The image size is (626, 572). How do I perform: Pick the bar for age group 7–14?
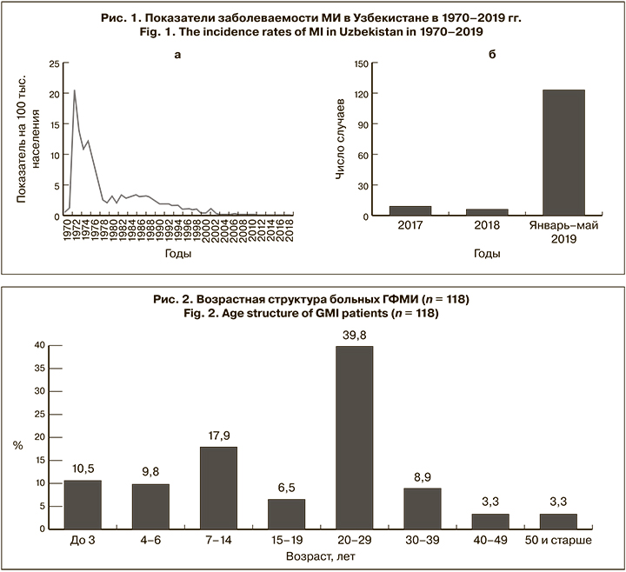218,488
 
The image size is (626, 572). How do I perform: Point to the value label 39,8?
354,335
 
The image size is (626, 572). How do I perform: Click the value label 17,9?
218,436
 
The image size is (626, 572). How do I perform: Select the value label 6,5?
286,488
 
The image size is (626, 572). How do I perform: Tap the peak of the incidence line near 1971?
74,90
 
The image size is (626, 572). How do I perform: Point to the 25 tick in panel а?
54,63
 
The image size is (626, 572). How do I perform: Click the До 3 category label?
83,542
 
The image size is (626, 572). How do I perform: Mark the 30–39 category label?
422,542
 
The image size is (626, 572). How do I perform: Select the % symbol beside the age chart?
17,445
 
